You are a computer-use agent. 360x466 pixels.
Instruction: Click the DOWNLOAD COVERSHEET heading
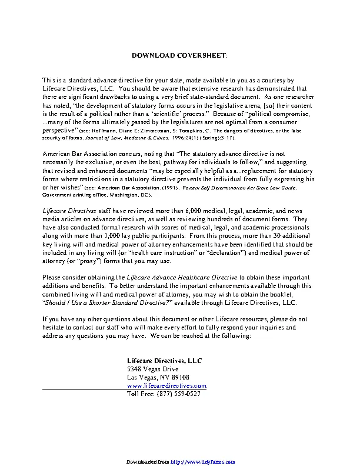click(x=179, y=55)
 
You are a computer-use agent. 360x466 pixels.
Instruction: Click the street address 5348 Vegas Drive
click(x=152, y=368)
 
